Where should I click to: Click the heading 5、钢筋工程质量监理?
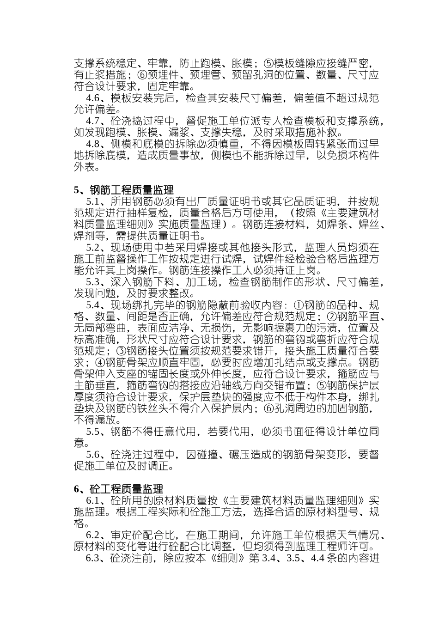(x=124, y=190)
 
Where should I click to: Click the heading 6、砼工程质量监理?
(x=118, y=489)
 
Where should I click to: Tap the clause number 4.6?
(x=93, y=98)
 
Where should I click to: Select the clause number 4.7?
(x=93, y=121)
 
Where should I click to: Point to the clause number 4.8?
(x=93, y=144)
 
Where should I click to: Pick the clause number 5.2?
(x=93, y=247)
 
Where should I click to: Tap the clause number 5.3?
(x=93, y=282)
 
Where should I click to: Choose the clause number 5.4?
(x=93, y=305)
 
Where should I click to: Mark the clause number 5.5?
(x=93, y=432)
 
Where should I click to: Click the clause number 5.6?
(x=93, y=455)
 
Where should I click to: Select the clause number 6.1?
(x=93, y=501)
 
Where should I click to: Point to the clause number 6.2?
(x=93, y=536)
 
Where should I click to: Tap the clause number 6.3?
(x=93, y=559)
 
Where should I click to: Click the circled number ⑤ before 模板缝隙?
(x=268, y=63)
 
